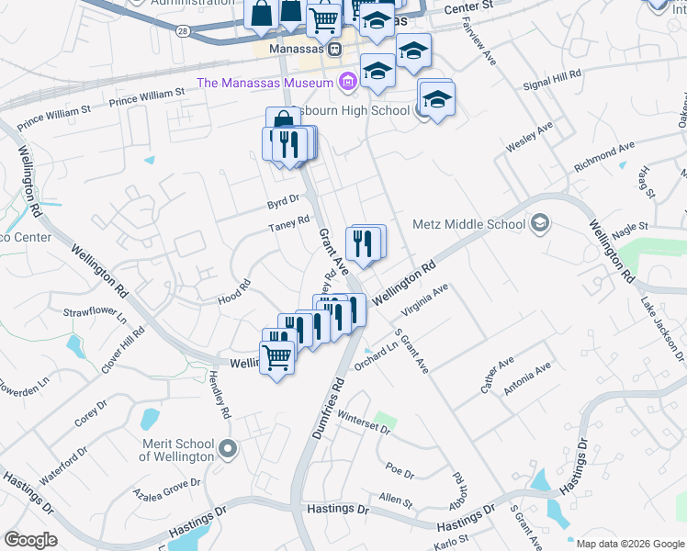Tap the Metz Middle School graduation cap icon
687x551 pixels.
click(539, 223)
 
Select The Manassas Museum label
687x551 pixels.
click(264, 83)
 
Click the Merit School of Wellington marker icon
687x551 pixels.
click(229, 450)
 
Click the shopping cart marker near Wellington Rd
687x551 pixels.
click(276, 356)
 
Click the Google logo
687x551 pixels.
click(30, 540)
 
